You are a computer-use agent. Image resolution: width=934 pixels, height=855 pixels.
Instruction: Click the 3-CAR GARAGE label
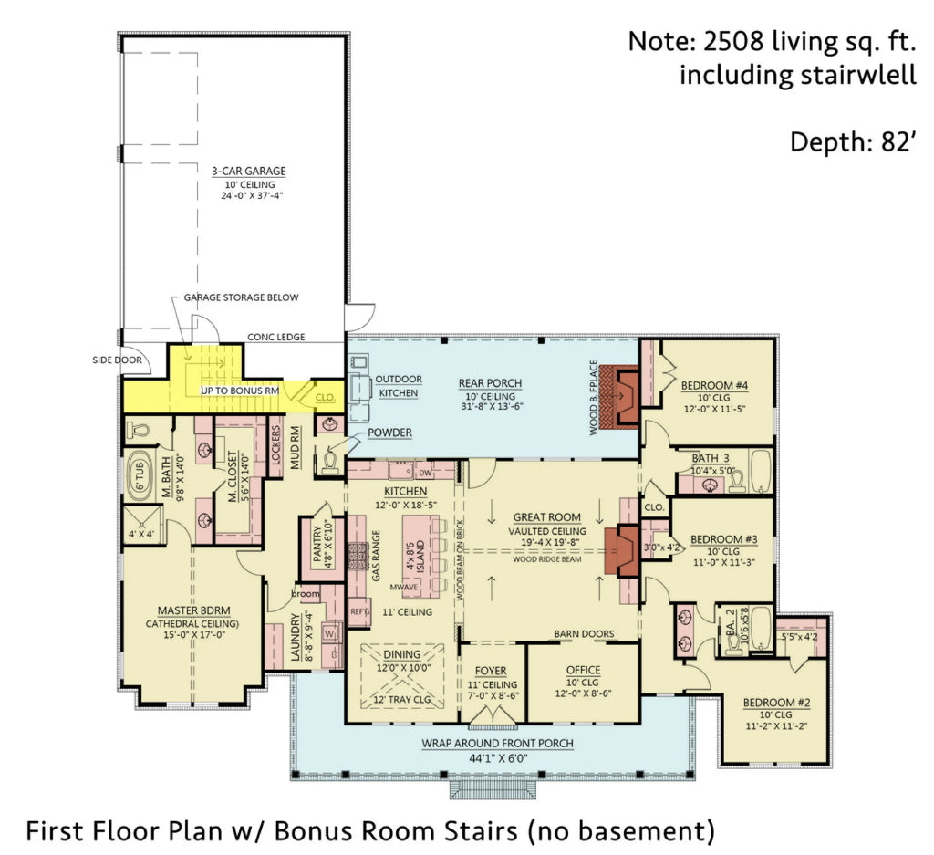click(249, 171)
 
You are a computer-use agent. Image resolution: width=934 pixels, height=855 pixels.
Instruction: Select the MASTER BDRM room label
click(193, 610)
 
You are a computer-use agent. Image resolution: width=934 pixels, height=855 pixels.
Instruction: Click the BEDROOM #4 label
click(714, 385)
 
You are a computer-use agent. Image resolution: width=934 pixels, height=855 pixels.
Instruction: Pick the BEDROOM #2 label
click(776, 702)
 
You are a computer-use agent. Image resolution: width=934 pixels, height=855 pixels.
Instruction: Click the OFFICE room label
click(583, 670)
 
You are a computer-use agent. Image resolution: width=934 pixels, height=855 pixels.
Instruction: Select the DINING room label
click(401, 654)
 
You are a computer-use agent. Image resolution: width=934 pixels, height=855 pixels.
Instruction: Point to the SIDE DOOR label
click(116, 359)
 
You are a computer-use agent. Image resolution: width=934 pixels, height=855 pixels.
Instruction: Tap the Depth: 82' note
click(852, 142)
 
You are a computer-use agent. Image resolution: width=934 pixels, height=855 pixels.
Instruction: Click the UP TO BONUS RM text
click(240, 391)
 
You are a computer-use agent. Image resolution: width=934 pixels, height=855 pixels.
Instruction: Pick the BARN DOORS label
click(584, 634)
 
